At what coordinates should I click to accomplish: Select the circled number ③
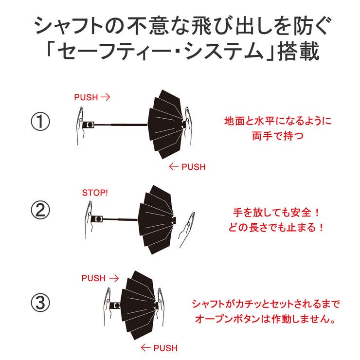point(40,303)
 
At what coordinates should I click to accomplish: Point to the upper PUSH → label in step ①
point(92,97)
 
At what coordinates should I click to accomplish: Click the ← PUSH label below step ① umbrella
point(187,167)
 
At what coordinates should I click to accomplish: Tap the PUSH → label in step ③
point(100,278)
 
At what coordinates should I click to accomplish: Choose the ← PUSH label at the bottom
point(159,348)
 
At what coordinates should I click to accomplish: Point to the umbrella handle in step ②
point(99,219)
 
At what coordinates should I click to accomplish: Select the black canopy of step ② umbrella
point(156,219)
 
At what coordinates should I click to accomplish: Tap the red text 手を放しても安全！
point(275,213)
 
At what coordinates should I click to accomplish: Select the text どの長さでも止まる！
point(275,227)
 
